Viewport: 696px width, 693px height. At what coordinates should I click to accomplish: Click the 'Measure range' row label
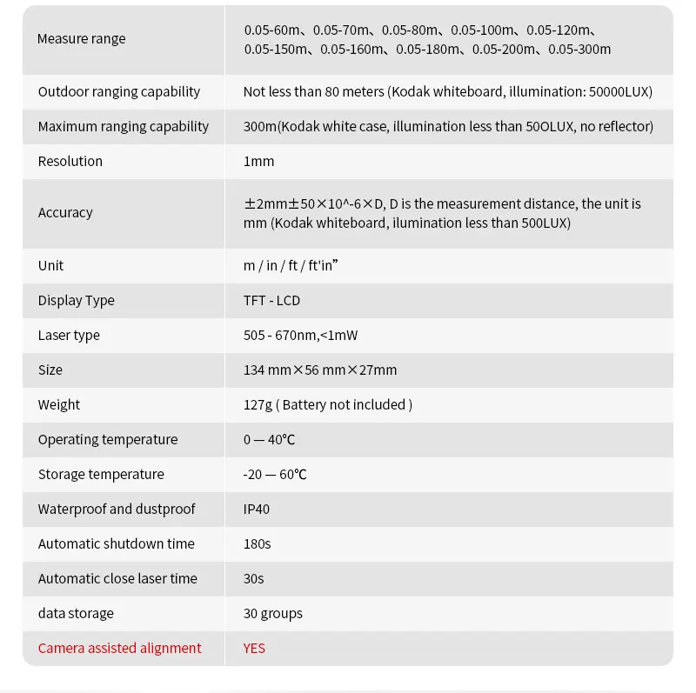coord(81,39)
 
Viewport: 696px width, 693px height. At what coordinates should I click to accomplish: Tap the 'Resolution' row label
coord(70,161)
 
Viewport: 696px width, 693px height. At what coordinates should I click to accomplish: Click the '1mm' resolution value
coord(258,161)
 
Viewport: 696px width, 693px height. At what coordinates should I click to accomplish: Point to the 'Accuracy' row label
coord(65,213)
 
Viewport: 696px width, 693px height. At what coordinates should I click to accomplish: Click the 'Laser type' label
coord(69,335)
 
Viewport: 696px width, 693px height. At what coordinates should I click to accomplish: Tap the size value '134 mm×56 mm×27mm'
coord(320,370)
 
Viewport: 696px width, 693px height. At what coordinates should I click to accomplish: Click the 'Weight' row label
coord(58,404)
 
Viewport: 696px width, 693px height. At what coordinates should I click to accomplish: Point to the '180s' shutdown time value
coord(258,543)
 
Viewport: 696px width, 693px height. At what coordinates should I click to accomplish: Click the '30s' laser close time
coord(254,578)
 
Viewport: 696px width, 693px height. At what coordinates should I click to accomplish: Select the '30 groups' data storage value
coord(273,613)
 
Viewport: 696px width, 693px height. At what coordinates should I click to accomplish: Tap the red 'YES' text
coord(255,648)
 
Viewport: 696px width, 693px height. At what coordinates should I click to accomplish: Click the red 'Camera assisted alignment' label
coord(119,648)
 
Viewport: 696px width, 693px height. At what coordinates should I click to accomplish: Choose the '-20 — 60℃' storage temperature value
coord(275,474)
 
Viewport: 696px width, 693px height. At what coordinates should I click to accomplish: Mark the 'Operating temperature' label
coord(108,439)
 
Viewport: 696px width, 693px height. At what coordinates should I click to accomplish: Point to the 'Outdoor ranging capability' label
coord(119,91)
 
